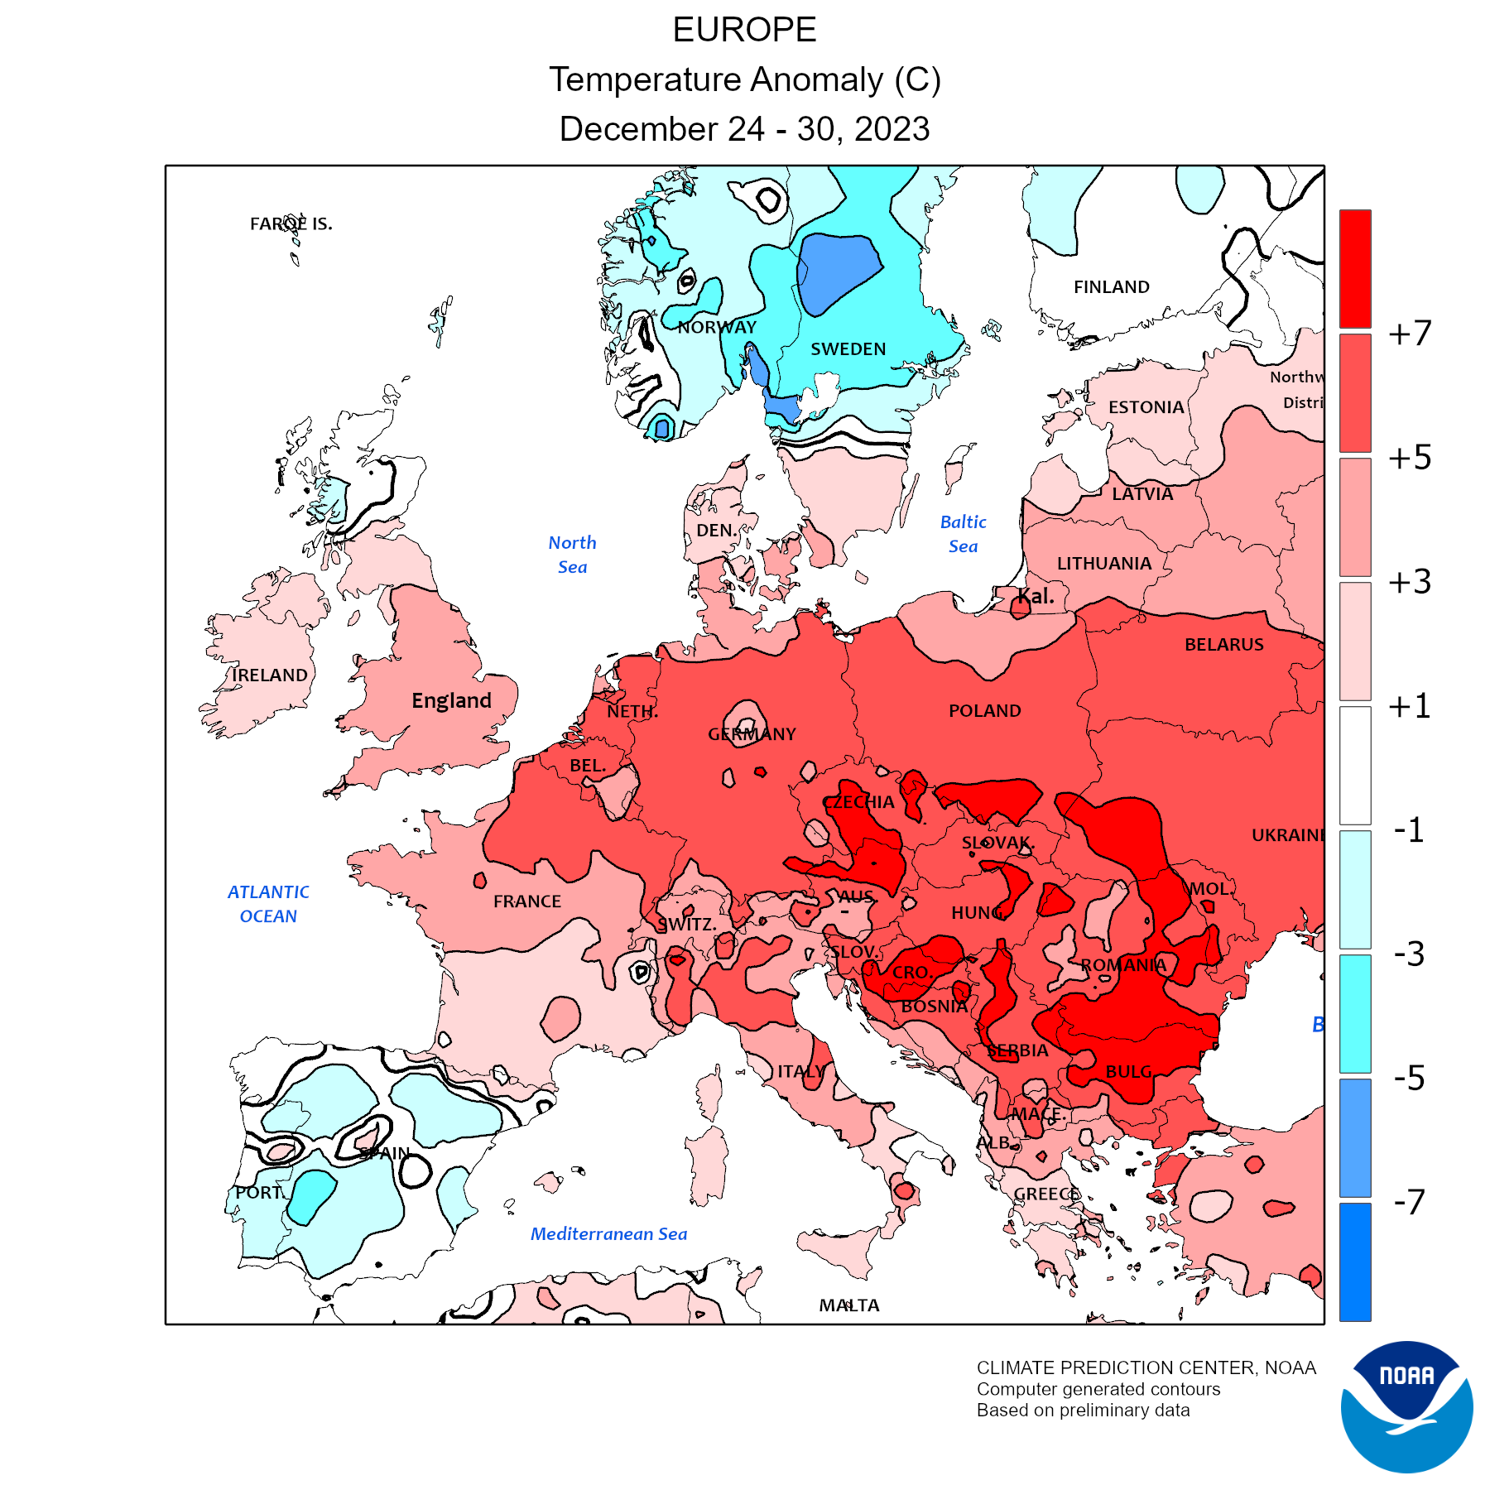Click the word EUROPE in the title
[x=744, y=31]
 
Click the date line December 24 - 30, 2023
[x=744, y=130]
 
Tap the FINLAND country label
[x=1111, y=287]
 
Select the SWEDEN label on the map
[x=848, y=349]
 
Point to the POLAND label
[x=984, y=711]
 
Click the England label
[x=451, y=701]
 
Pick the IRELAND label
[x=269, y=675]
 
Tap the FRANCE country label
[x=526, y=901]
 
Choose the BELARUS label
[x=1223, y=645]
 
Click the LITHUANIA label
[x=1103, y=564]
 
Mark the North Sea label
[x=572, y=555]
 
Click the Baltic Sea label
[x=963, y=534]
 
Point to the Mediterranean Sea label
[x=608, y=1234]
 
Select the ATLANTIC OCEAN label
[x=268, y=904]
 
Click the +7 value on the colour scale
[x=1409, y=334]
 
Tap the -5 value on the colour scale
[x=1409, y=1079]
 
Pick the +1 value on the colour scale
[x=1409, y=706]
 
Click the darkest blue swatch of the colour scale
[x=1355, y=1262]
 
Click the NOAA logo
[x=1406, y=1406]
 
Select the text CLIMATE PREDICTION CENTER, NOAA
[x=1146, y=1368]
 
